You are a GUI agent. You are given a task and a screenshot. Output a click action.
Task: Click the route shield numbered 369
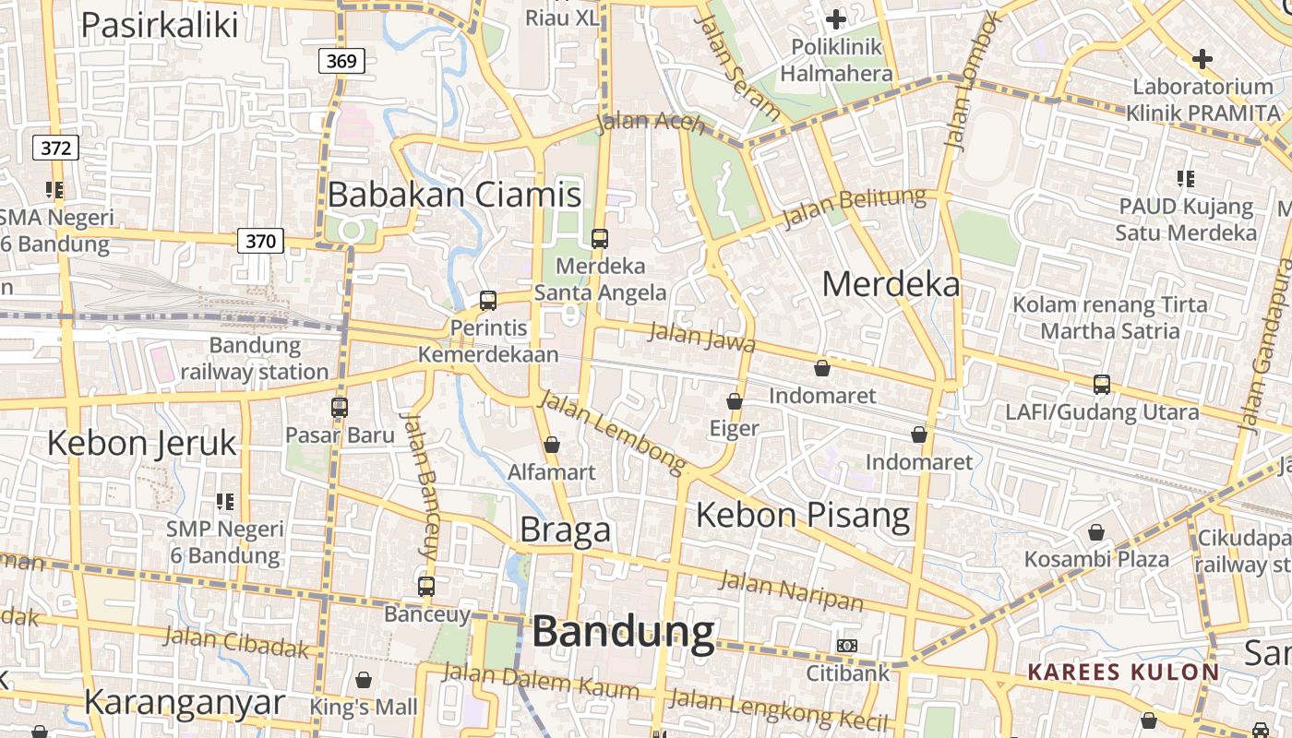click(x=341, y=62)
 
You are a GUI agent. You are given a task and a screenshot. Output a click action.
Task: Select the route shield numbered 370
click(x=260, y=242)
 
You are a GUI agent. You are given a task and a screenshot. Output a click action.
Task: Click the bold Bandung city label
click(x=623, y=633)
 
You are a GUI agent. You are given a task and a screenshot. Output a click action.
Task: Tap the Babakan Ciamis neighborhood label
click(x=454, y=195)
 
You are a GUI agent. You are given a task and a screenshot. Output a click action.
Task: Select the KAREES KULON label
click(x=1123, y=672)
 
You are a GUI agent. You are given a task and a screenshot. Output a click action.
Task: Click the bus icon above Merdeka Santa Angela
click(x=599, y=239)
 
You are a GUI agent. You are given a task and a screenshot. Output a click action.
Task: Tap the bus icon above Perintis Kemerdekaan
click(x=487, y=301)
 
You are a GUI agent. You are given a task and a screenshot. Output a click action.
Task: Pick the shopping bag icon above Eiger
click(x=735, y=401)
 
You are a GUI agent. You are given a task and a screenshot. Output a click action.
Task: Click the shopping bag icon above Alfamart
click(x=552, y=446)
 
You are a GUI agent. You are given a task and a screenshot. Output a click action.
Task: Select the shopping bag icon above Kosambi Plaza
click(x=1095, y=532)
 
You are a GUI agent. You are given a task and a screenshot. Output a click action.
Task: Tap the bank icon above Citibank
click(x=846, y=646)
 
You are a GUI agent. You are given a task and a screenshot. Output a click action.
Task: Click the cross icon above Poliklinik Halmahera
click(x=835, y=19)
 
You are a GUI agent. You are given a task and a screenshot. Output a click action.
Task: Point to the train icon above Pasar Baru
click(x=340, y=407)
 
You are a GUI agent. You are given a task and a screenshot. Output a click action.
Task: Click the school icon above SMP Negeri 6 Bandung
click(x=224, y=502)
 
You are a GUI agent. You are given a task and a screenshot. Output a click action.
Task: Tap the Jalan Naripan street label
click(x=791, y=590)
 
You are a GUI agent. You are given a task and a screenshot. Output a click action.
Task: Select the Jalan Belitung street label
click(x=853, y=208)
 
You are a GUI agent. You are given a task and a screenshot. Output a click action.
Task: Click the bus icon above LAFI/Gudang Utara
click(x=1101, y=385)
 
